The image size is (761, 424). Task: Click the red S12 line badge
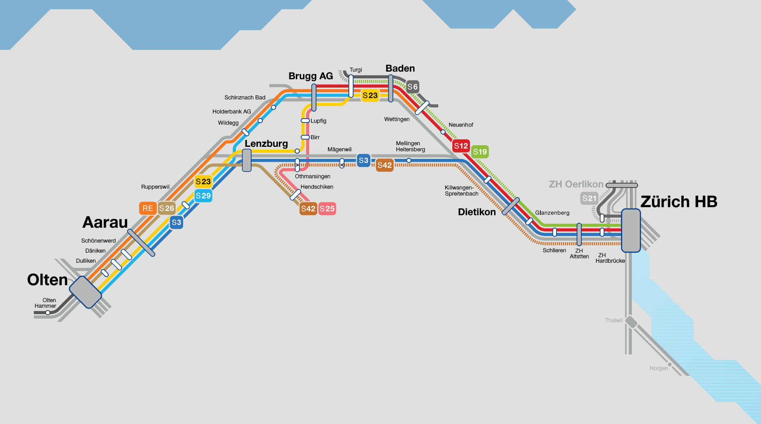pos(461,146)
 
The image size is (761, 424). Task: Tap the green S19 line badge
pos(480,152)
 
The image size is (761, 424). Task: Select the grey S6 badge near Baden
pos(412,86)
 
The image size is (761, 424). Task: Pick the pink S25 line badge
pos(327,209)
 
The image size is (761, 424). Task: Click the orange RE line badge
pos(148,208)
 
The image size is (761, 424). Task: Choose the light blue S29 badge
pos(203,196)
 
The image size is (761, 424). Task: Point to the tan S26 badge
pos(167,208)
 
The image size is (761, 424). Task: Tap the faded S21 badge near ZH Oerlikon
pos(590,198)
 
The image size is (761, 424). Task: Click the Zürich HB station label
pos(679,202)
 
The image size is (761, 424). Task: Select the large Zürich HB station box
pos(631,231)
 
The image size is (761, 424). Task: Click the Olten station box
pos(85,292)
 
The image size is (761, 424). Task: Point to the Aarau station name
pos(105,222)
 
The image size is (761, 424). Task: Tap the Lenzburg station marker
pos(247,160)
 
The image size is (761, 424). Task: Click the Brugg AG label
pos(311,76)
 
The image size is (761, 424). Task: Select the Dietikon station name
pos(477,212)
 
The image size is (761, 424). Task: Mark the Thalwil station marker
pos(631,322)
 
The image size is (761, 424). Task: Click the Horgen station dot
pos(670,365)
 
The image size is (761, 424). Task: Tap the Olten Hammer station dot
pos(47,313)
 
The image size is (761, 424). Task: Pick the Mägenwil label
pos(339,150)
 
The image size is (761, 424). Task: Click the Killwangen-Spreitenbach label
pos(462,191)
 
